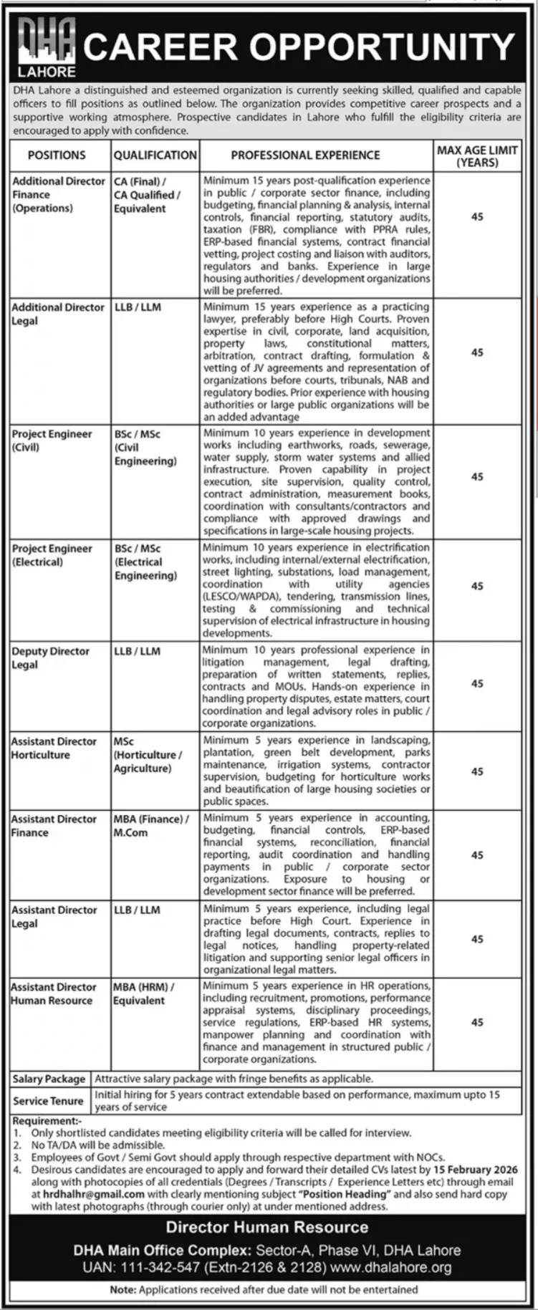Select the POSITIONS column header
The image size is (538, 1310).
coord(57,155)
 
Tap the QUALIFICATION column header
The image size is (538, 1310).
coord(155,155)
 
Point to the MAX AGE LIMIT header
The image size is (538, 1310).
coord(477,155)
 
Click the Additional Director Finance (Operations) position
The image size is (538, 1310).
coord(58,195)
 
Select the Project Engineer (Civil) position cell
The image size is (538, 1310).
coord(52,440)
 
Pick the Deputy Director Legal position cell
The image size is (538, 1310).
coord(50,658)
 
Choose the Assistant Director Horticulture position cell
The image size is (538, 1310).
coord(54,748)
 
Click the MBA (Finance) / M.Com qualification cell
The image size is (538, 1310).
coord(150,825)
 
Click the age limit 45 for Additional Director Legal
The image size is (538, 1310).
coord(477,352)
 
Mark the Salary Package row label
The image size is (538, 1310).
coord(49,1079)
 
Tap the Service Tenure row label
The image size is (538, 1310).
coord(48,1101)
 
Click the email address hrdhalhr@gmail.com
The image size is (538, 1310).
coord(87,1195)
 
